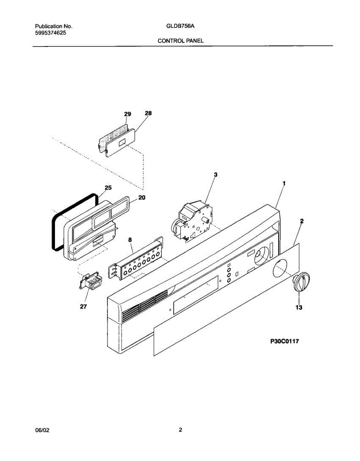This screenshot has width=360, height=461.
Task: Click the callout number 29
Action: [x=128, y=114]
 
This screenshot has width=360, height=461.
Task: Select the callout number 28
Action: [x=148, y=113]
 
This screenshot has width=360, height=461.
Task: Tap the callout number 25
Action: [x=108, y=188]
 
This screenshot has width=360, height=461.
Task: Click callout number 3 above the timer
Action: [x=216, y=174]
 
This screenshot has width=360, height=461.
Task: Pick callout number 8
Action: [x=130, y=240]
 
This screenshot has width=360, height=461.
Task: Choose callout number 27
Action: [x=83, y=307]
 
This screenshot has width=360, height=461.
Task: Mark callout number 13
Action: [x=299, y=307]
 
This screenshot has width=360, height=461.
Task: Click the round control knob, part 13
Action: [x=301, y=284]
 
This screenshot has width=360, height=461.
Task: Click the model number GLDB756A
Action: [x=180, y=27]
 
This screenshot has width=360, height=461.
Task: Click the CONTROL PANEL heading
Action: [x=181, y=40]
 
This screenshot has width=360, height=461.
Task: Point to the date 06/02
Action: [x=42, y=430]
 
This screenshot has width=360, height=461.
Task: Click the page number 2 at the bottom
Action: [x=180, y=430]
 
